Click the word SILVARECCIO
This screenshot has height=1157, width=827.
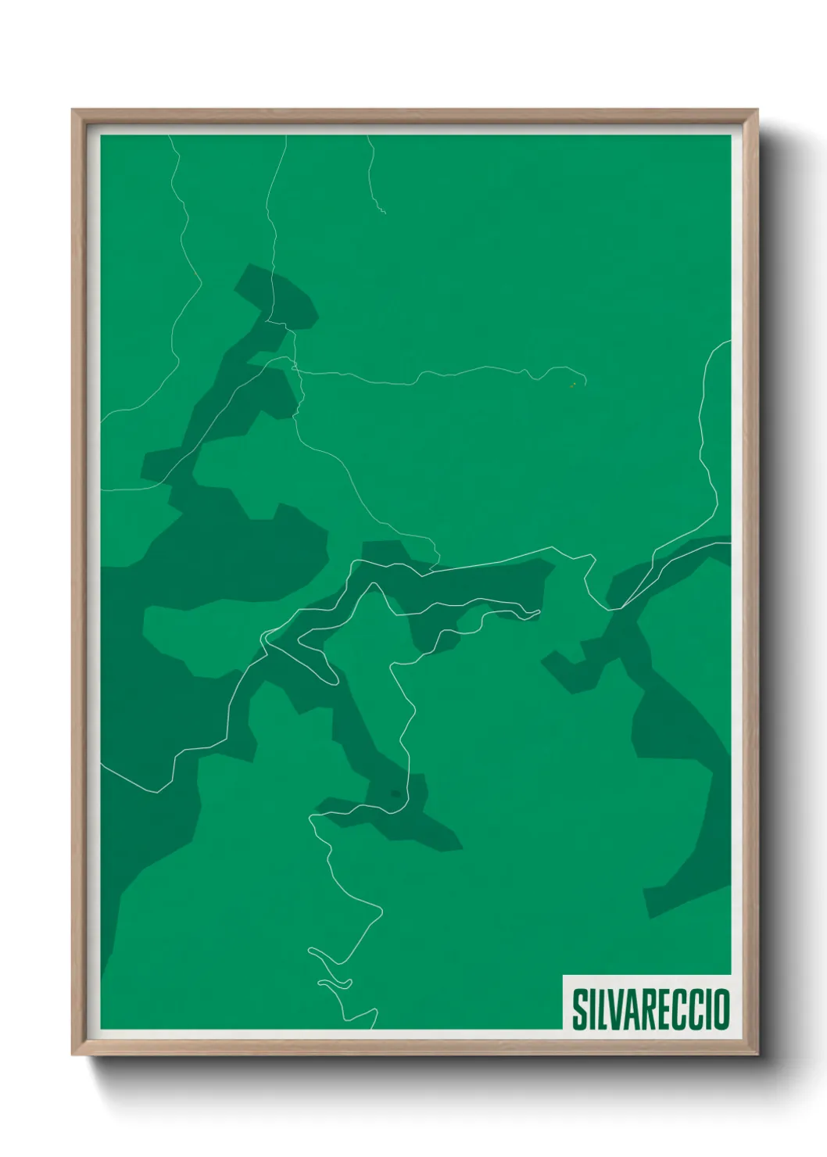click(x=650, y=1009)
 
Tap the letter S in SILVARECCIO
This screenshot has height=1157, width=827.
click(x=581, y=1009)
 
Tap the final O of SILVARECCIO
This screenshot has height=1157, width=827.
click(x=721, y=1009)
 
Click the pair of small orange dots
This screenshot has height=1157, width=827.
click(x=574, y=385)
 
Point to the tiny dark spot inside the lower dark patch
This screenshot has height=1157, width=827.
click(x=396, y=794)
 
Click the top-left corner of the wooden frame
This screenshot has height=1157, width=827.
click(x=73, y=110)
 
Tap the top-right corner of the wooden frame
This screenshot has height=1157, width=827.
click(x=757, y=110)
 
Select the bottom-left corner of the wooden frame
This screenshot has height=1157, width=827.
click(x=73, y=1055)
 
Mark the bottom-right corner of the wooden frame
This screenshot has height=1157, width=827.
click(x=757, y=1055)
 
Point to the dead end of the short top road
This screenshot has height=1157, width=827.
click(x=385, y=213)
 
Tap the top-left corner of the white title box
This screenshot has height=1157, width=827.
click(x=564, y=976)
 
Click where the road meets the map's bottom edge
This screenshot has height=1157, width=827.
click(x=374, y=1028)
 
